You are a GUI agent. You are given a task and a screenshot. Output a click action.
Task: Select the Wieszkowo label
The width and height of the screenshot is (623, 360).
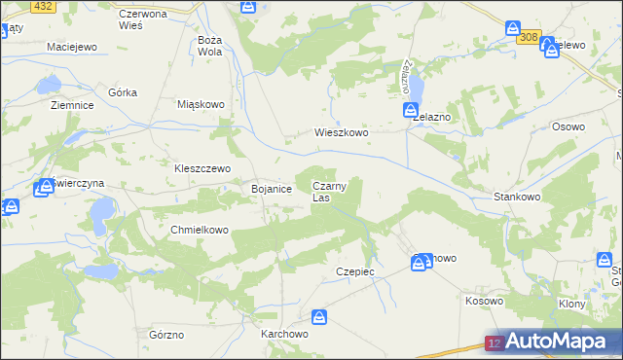coord(341,133)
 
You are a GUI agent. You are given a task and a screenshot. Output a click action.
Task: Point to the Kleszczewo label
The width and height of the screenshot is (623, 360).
coord(202,167)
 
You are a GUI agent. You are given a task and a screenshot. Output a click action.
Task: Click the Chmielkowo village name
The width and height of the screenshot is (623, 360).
coord(199,230)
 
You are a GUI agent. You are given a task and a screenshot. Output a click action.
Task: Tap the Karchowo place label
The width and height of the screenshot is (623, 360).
coord(285,333)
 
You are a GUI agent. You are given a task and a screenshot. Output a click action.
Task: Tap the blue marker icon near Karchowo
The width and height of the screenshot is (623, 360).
coord(319,317)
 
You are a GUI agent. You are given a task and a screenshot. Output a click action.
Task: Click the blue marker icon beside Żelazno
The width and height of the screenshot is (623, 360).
coord(411,112)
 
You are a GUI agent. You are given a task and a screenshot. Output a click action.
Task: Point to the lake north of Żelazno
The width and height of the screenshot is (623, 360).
coord(416,88)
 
